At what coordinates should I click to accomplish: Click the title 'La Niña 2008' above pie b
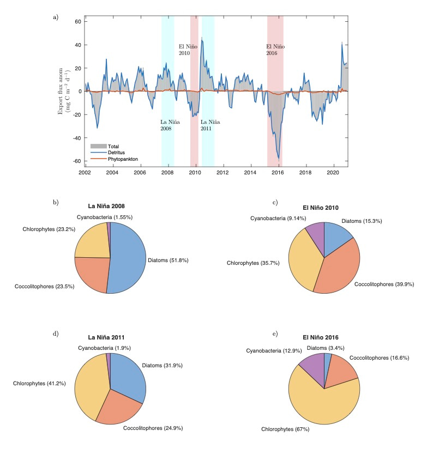click(110, 206)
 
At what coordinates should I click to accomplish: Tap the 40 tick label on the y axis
click(77, 45)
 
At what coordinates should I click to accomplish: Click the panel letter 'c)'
click(275, 203)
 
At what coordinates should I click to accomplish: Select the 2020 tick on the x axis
click(333, 172)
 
